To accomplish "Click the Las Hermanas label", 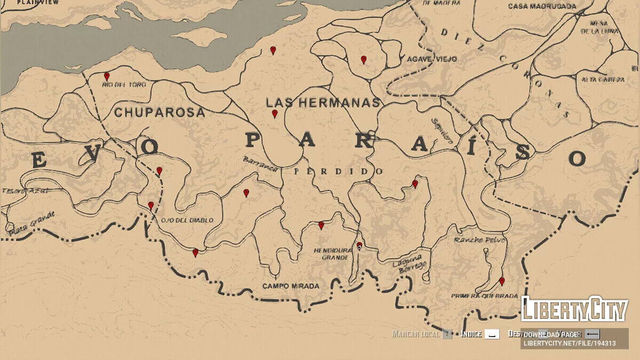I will (x=323, y=102).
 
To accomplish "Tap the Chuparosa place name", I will (x=159, y=113).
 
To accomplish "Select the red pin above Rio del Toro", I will (x=107, y=76).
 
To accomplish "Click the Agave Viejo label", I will (x=432, y=59).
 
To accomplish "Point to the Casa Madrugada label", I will (x=542, y=6).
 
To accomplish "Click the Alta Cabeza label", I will (x=603, y=79).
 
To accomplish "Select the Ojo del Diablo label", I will (x=187, y=220).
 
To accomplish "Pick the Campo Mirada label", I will (x=291, y=286).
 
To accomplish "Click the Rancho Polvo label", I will (x=479, y=240).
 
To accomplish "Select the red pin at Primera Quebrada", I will (x=501, y=281).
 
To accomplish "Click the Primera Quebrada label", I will (x=484, y=296).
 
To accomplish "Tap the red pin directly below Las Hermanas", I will (x=275, y=114).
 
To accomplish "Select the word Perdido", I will (x=339, y=172).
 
